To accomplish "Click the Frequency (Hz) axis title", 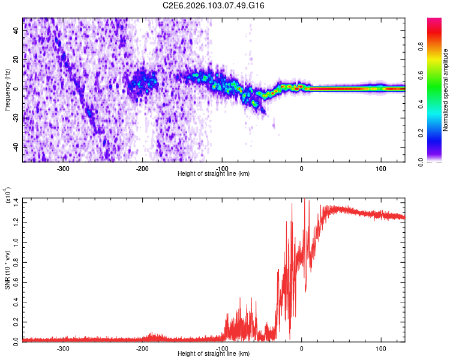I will (x=7, y=89).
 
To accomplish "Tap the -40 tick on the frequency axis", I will (x=15, y=147).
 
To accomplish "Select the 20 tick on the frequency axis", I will (x=16, y=59).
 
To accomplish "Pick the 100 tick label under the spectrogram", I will (x=381, y=168).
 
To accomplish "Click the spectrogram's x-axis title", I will (x=214, y=174).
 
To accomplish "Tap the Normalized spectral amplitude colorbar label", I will (x=445, y=89).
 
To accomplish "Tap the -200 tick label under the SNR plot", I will (x=142, y=348).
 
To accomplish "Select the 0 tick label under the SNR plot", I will (x=302, y=348).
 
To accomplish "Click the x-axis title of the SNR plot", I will (x=214, y=354).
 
